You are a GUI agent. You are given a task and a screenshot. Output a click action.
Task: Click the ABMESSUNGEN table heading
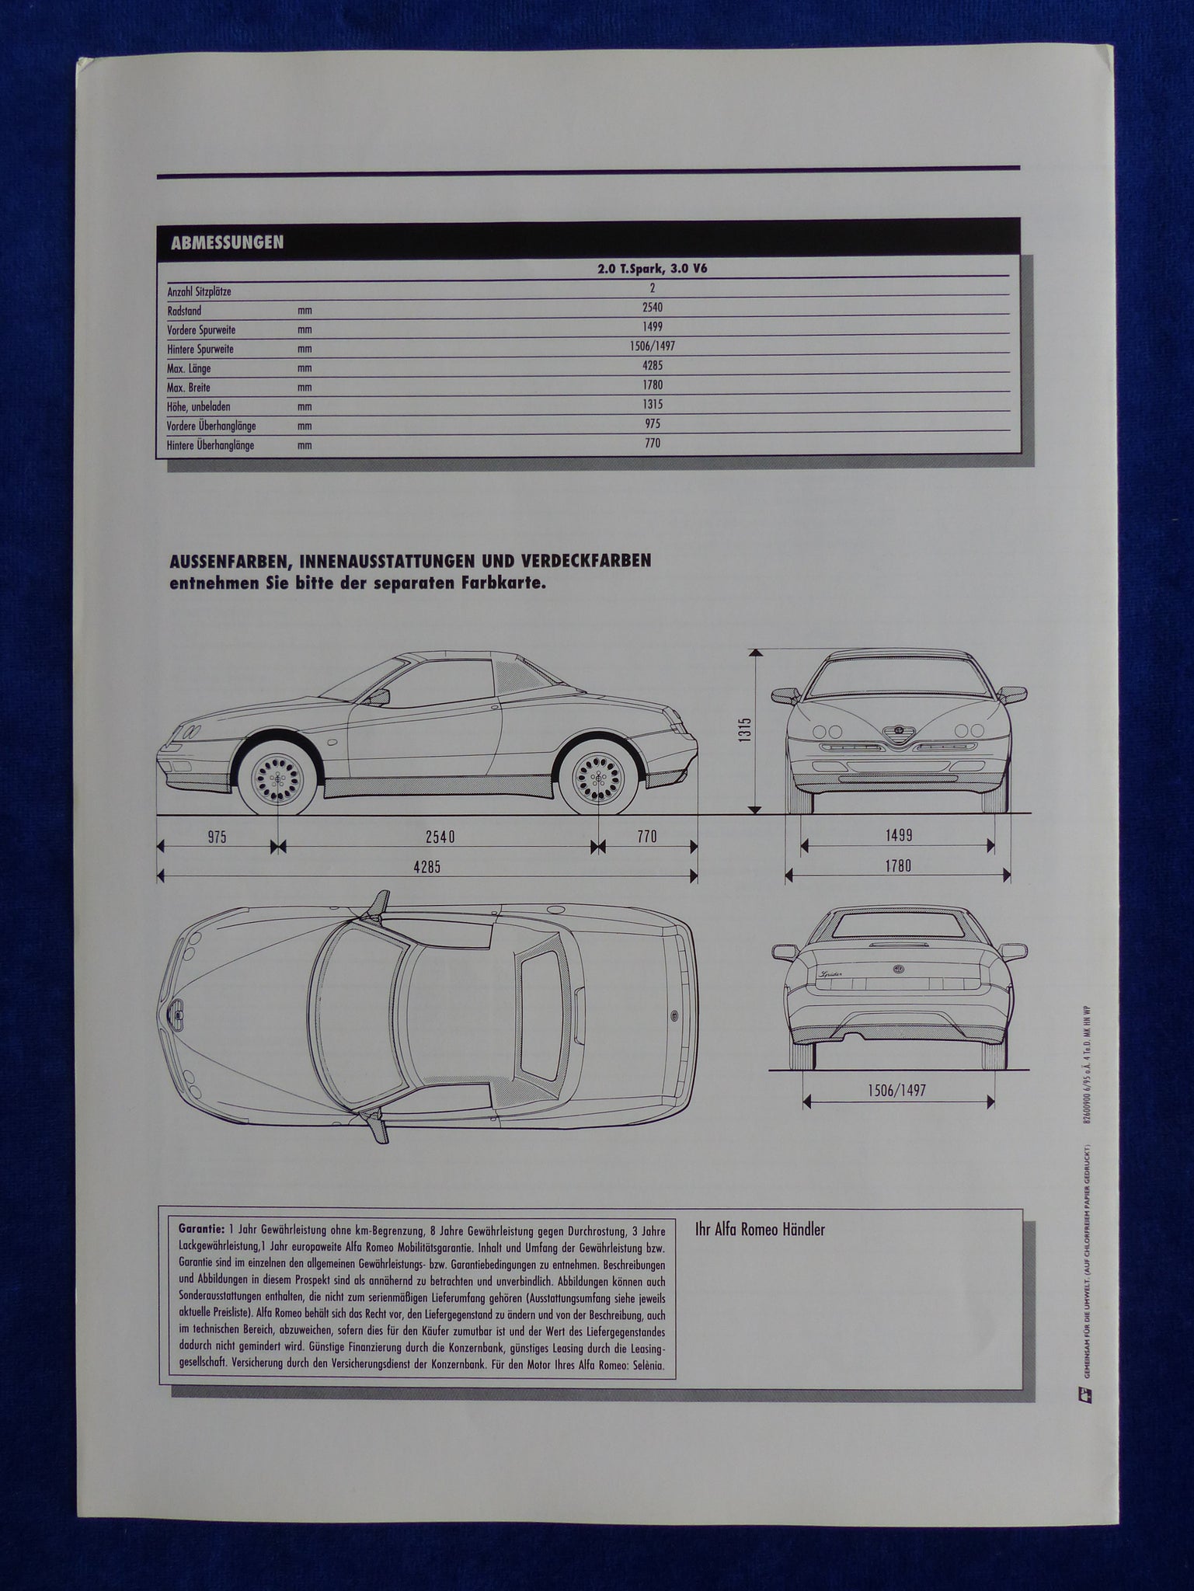(x=227, y=242)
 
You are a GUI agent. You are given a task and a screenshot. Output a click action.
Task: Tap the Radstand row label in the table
(x=184, y=310)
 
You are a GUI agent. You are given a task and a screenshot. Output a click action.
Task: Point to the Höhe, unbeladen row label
(x=198, y=406)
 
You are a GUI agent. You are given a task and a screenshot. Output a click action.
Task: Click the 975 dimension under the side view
(x=217, y=837)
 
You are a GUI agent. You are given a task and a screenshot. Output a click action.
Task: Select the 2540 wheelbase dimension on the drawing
(x=440, y=837)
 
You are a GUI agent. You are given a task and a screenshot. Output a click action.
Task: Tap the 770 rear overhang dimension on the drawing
(x=647, y=837)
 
